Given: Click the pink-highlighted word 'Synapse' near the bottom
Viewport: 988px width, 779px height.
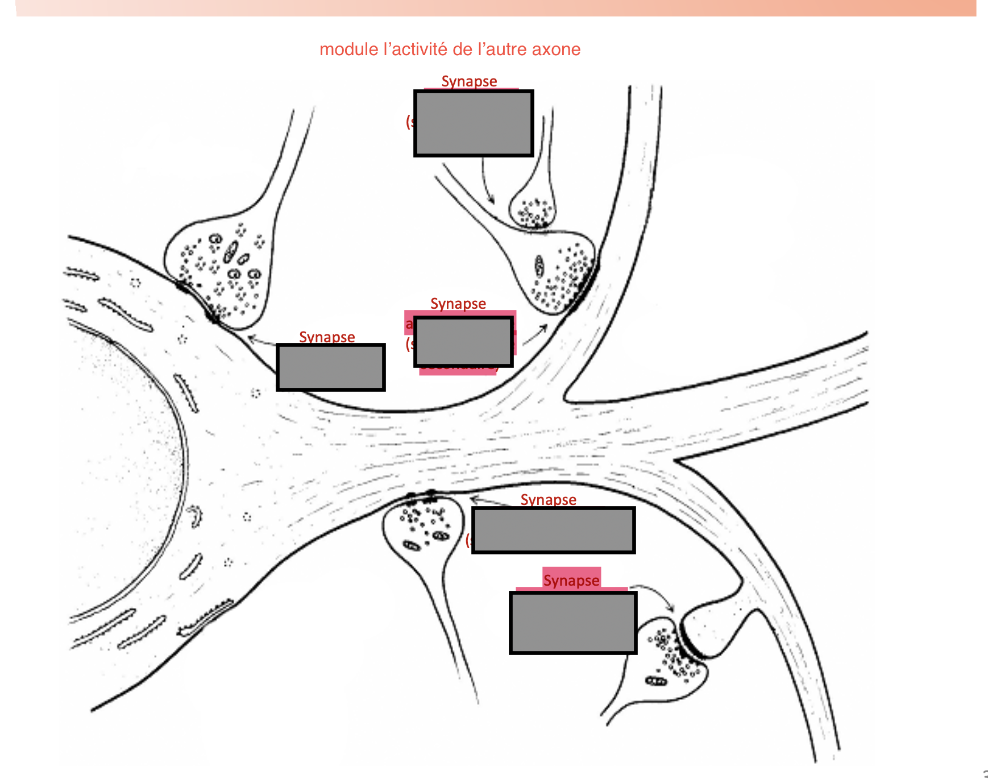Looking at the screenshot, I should click(571, 580).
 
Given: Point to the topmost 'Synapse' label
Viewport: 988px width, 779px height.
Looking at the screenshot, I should click(469, 81).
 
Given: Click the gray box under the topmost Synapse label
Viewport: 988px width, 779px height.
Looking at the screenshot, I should click(473, 123).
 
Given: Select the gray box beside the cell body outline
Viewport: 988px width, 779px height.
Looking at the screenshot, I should click(330, 367).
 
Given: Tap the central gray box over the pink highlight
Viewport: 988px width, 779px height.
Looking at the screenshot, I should click(463, 342).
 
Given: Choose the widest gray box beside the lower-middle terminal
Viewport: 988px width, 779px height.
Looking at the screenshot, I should click(553, 530).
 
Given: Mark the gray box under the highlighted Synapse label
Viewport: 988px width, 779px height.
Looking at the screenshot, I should click(572, 623).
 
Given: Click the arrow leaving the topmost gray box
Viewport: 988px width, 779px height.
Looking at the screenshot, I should click(487, 182).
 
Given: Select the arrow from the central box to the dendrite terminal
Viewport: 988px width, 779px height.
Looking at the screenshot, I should click(535, 335).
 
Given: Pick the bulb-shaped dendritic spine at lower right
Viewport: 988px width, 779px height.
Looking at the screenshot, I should click(708, 631).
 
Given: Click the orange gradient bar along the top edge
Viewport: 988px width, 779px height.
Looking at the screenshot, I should click(495, 7).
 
